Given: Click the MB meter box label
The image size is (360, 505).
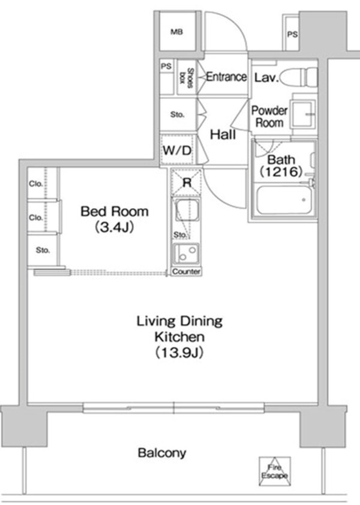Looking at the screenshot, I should [176, 32].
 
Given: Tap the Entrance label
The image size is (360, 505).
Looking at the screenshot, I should [226, 77].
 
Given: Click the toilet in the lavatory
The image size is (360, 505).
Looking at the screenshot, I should [298, 77].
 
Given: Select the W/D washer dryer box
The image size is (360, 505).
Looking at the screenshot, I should [177, 151].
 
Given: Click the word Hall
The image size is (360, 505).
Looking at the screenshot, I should [222, 136].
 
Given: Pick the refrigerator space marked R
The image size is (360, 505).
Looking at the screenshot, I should [187, 183].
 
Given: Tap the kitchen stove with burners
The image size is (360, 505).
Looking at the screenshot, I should [187, 252].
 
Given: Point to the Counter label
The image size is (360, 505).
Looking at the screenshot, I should [186, 272].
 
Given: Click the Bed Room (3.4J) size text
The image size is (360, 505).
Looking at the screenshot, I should [114, 227].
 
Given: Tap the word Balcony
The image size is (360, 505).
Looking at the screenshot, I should [162, 453].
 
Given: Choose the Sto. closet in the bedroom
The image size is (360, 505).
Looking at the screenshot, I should [42, 250].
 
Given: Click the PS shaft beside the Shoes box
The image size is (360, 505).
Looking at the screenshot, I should [166, 67].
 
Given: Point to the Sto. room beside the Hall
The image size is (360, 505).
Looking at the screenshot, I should [177, 115].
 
